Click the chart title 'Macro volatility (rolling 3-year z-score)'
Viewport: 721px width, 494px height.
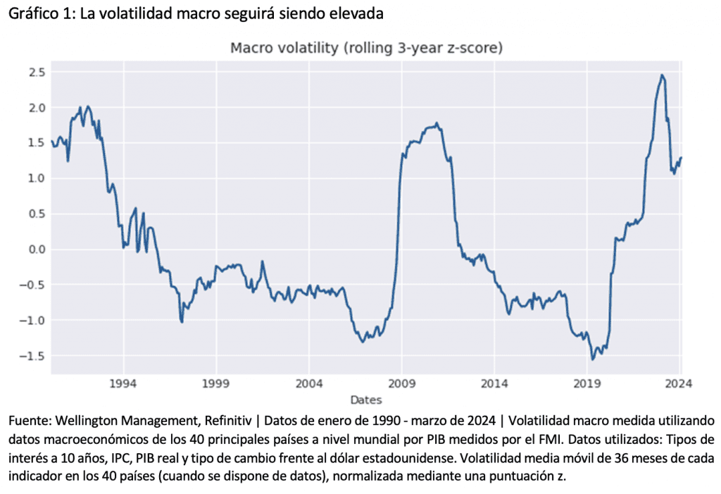click(365, 48)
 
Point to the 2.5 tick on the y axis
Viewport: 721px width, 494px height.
click(37, 72)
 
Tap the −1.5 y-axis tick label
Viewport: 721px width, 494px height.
click(34, 356)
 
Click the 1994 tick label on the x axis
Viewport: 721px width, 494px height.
click(123, 385)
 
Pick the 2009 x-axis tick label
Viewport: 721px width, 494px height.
click(401, 385)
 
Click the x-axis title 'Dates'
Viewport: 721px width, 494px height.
click(365, 400)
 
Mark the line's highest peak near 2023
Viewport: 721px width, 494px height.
click(662, 75)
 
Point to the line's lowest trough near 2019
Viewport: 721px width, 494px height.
click(593, 359)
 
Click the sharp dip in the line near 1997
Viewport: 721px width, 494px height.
click(182, 322)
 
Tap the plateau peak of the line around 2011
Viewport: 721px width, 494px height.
click(437, 123)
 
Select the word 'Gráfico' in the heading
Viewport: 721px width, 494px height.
click(29, 14)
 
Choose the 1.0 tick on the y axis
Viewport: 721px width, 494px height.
click(37, 178)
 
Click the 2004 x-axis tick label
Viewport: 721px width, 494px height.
click(308, 385)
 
